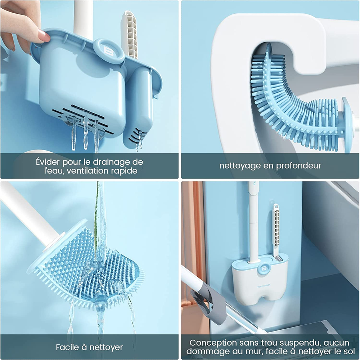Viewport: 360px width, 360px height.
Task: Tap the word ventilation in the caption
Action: coord(89,170)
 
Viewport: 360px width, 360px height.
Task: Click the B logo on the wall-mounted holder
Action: coord(264,268)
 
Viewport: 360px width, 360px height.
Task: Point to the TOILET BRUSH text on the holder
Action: coord(264,285)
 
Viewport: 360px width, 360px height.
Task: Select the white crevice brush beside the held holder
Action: coord(131,35)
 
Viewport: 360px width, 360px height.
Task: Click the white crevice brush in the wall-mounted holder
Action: coord(276,232)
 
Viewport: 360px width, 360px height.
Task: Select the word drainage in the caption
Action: coord(109,162)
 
